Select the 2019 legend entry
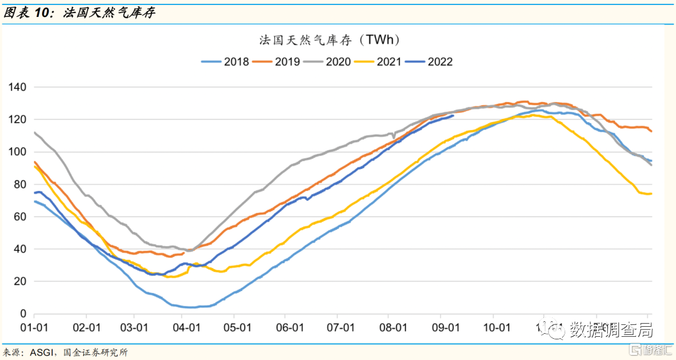coord(276,62)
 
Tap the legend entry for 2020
coord(327,62)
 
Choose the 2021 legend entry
coord(378,62)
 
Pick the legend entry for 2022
coord(429,62)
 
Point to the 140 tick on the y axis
coord(17,87)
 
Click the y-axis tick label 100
coord(17,152)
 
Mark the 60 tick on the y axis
coord(19,217)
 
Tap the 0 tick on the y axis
coord(23,314)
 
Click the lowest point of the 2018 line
coord(188,307)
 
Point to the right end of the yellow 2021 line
coord(652,193)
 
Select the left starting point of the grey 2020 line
coord(34,132)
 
